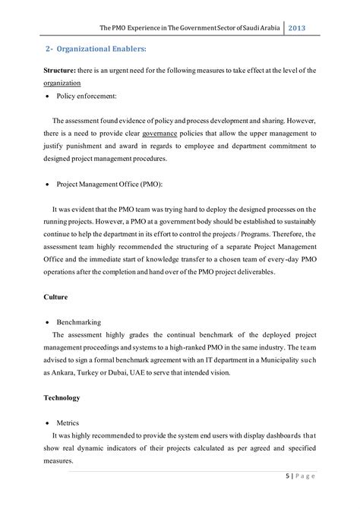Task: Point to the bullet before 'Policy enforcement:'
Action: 49,99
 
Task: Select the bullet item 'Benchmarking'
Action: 84,322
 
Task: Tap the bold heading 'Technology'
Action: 62,397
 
